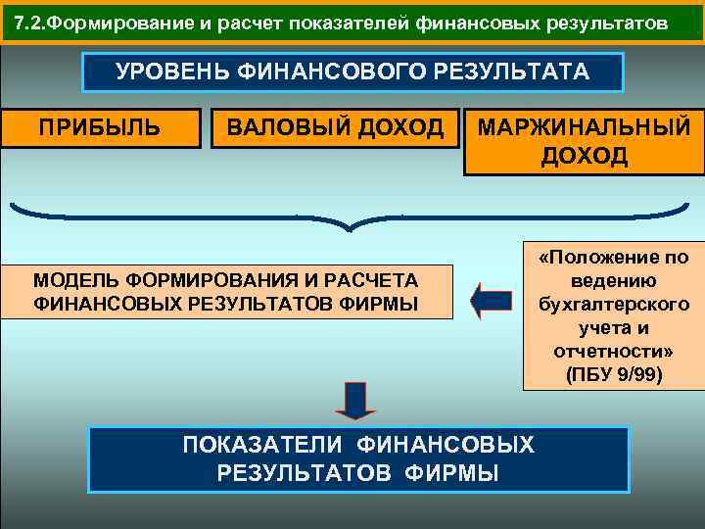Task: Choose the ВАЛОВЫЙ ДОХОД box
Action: (335, 127)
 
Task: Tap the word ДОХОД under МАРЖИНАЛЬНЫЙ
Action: (584, 157)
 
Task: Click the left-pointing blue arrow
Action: (491, 300)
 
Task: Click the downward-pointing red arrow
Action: (355, 400)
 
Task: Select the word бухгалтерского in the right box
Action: (613, 305)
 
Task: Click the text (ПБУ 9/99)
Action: (613, 373)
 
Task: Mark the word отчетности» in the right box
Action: (613, 351)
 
